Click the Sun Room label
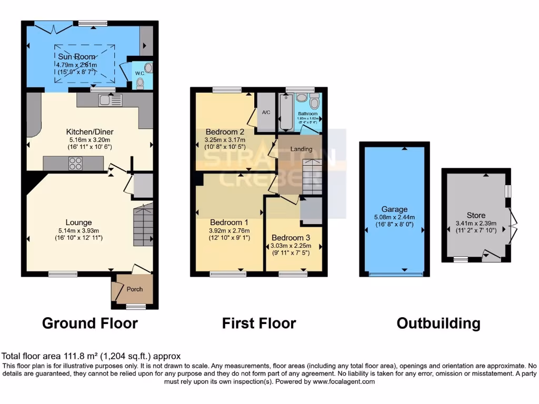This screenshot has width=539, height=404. [77, 56]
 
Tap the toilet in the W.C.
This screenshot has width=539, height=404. [139, 83]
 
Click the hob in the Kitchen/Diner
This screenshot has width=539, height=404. [74, 164]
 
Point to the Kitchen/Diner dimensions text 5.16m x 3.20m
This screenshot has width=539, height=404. [89, 140]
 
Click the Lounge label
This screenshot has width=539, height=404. [79, 223]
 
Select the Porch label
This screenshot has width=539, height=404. [134, 289]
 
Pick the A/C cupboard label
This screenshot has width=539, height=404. [266, 112]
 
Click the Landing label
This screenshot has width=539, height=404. [302, 149]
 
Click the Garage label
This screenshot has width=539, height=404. [394, 209]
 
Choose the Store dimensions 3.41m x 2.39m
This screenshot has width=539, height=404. [476, 224]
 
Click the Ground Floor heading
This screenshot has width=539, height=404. [89, 323]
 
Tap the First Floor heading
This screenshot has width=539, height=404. [259, 323]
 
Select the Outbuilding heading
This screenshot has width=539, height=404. [438, 323]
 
